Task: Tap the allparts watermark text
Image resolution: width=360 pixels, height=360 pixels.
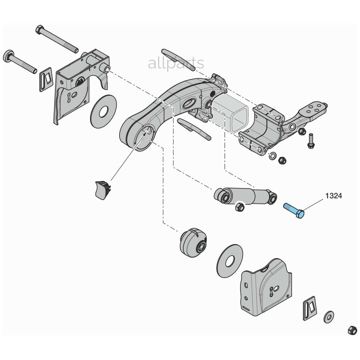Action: click(x=176, y=63)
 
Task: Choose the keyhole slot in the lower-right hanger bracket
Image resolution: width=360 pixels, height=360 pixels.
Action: click(x=274, y=289)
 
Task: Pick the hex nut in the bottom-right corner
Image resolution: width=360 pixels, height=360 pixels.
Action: click(x=352, y=330)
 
